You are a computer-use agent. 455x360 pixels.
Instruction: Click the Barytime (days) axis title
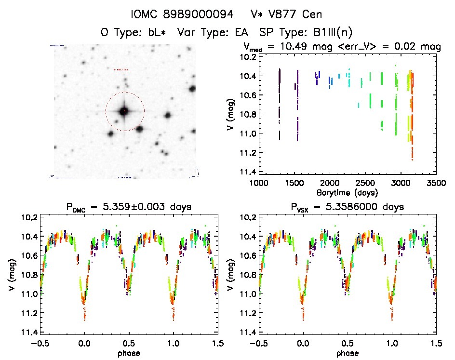347,192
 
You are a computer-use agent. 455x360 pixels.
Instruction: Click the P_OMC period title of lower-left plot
129,207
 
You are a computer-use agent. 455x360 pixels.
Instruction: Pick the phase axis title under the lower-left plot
129,352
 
